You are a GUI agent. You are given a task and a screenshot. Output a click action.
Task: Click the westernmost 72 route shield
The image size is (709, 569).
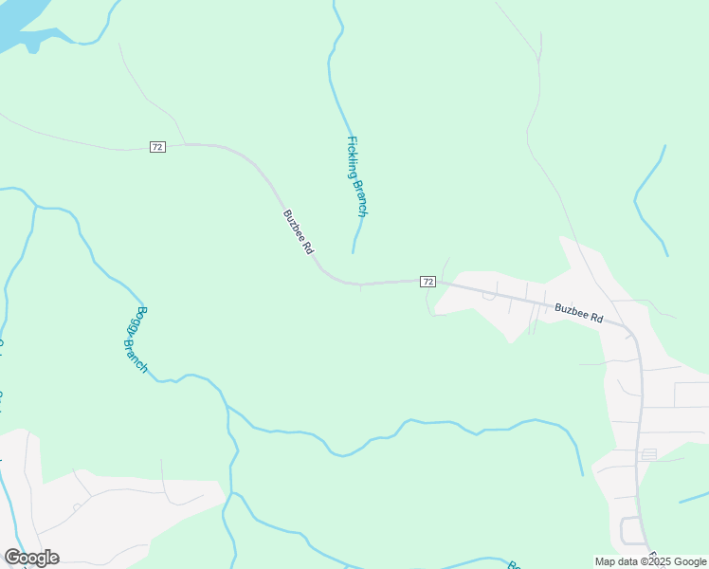tap(157, 146)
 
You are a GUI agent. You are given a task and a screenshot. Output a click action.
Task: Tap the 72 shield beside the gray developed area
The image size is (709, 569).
tap(428, 282)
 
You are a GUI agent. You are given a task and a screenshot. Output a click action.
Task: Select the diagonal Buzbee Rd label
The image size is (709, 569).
tap(298, 231)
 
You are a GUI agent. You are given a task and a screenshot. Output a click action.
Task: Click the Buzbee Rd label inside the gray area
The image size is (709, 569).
tap(578, 312)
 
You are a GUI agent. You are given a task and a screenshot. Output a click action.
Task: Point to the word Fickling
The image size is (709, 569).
tap(353, 157)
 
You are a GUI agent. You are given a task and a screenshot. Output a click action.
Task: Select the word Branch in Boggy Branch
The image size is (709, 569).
tap(136, 354)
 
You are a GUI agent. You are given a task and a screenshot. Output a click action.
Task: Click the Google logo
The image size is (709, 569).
tap(31, 558)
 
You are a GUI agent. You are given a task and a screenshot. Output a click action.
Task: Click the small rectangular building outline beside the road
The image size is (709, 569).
tap(649, 454)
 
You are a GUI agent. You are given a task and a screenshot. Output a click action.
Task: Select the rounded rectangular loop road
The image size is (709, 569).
tap(630, 529)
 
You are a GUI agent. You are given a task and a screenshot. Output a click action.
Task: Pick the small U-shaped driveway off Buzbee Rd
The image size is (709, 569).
tap(489, 295)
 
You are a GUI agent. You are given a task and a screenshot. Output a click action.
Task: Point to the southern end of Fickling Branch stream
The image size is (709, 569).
tap(354, 251)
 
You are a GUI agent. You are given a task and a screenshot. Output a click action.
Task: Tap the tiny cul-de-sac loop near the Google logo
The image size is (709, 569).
tap(76, 507)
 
